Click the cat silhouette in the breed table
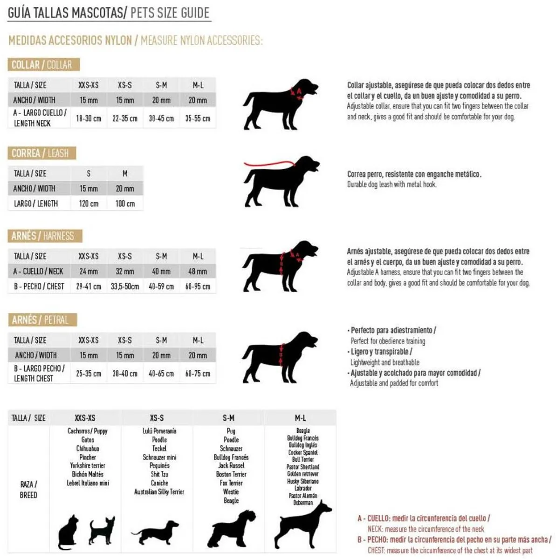pyautogui.click(x=68, y=532)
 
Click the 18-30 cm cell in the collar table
pyautogui.click(x=89, y=118)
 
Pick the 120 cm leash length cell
pyautogui.click(x=89, y=204)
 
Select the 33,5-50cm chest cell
pyautogui.click(x=125, y=286)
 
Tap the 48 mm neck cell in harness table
pyautogui.click(x=198, y=271)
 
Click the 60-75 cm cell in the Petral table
pyautogui.click(x=198, y=374)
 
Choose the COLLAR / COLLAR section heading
pyautogui.click(x=42, y=65)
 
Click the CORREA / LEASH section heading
pyautogui.click(x=41, y=153)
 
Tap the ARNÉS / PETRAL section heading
pyautogui.click(x=41, y=320)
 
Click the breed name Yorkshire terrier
pyautogui.click(x=88, y=465)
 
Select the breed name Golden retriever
pyautogui.click(x=303, y=474)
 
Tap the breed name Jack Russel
pyautogui.click(x=231, y=465)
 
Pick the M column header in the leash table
pyautogui.click(x=125, y=174)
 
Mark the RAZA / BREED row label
pyautogui.click(x=28, y=490)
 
